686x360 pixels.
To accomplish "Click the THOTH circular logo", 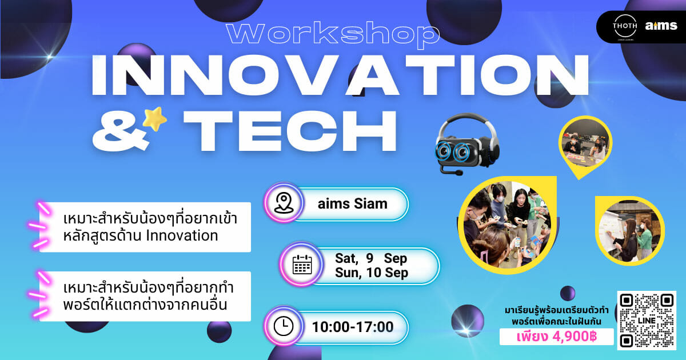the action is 625,27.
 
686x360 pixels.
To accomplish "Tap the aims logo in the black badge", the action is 661,26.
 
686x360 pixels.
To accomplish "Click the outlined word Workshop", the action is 333,34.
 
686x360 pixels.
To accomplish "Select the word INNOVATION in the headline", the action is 340,75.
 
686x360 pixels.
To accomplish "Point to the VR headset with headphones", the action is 468,144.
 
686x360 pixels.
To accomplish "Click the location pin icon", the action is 284,203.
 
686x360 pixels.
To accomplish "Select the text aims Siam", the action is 353,204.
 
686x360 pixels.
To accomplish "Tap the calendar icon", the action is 302,265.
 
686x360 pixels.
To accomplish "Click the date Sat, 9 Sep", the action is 371,258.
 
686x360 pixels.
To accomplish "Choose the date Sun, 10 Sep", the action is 372,273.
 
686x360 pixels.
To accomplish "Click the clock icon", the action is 284,326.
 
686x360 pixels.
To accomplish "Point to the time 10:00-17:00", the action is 353,327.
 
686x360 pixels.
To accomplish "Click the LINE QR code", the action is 647,320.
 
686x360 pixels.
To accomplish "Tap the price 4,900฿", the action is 575,337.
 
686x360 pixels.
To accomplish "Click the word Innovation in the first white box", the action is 182,235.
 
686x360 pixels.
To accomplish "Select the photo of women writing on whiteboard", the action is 629,231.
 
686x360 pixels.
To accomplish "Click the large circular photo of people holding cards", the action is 507,225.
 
